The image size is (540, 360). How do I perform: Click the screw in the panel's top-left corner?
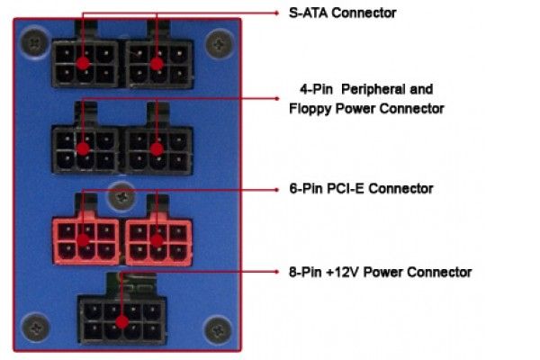pos(34,40)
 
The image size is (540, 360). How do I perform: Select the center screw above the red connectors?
pos(120,193)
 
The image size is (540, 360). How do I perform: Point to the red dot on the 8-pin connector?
pos(122,319)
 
